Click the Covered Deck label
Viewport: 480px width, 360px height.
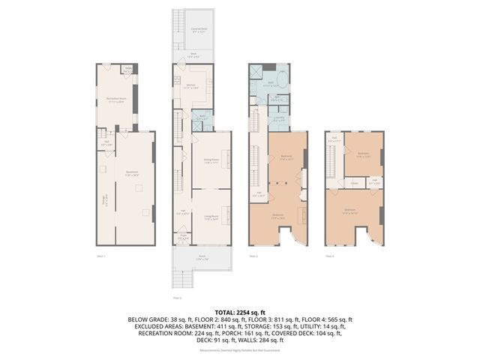pyautogui.click(x=199, y=29)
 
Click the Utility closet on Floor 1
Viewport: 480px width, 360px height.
pyautogui.click(x=128, y=70)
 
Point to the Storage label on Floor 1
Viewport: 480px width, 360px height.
pyautogui.click(x=105, y=201)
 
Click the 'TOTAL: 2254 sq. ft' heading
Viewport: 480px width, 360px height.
pyautogui.click(x=239, y=311)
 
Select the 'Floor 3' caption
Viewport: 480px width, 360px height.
pyautogui.click(x=253, y=256)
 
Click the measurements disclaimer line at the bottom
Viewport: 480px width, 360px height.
pyautogui.click(x=239, y=349)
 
